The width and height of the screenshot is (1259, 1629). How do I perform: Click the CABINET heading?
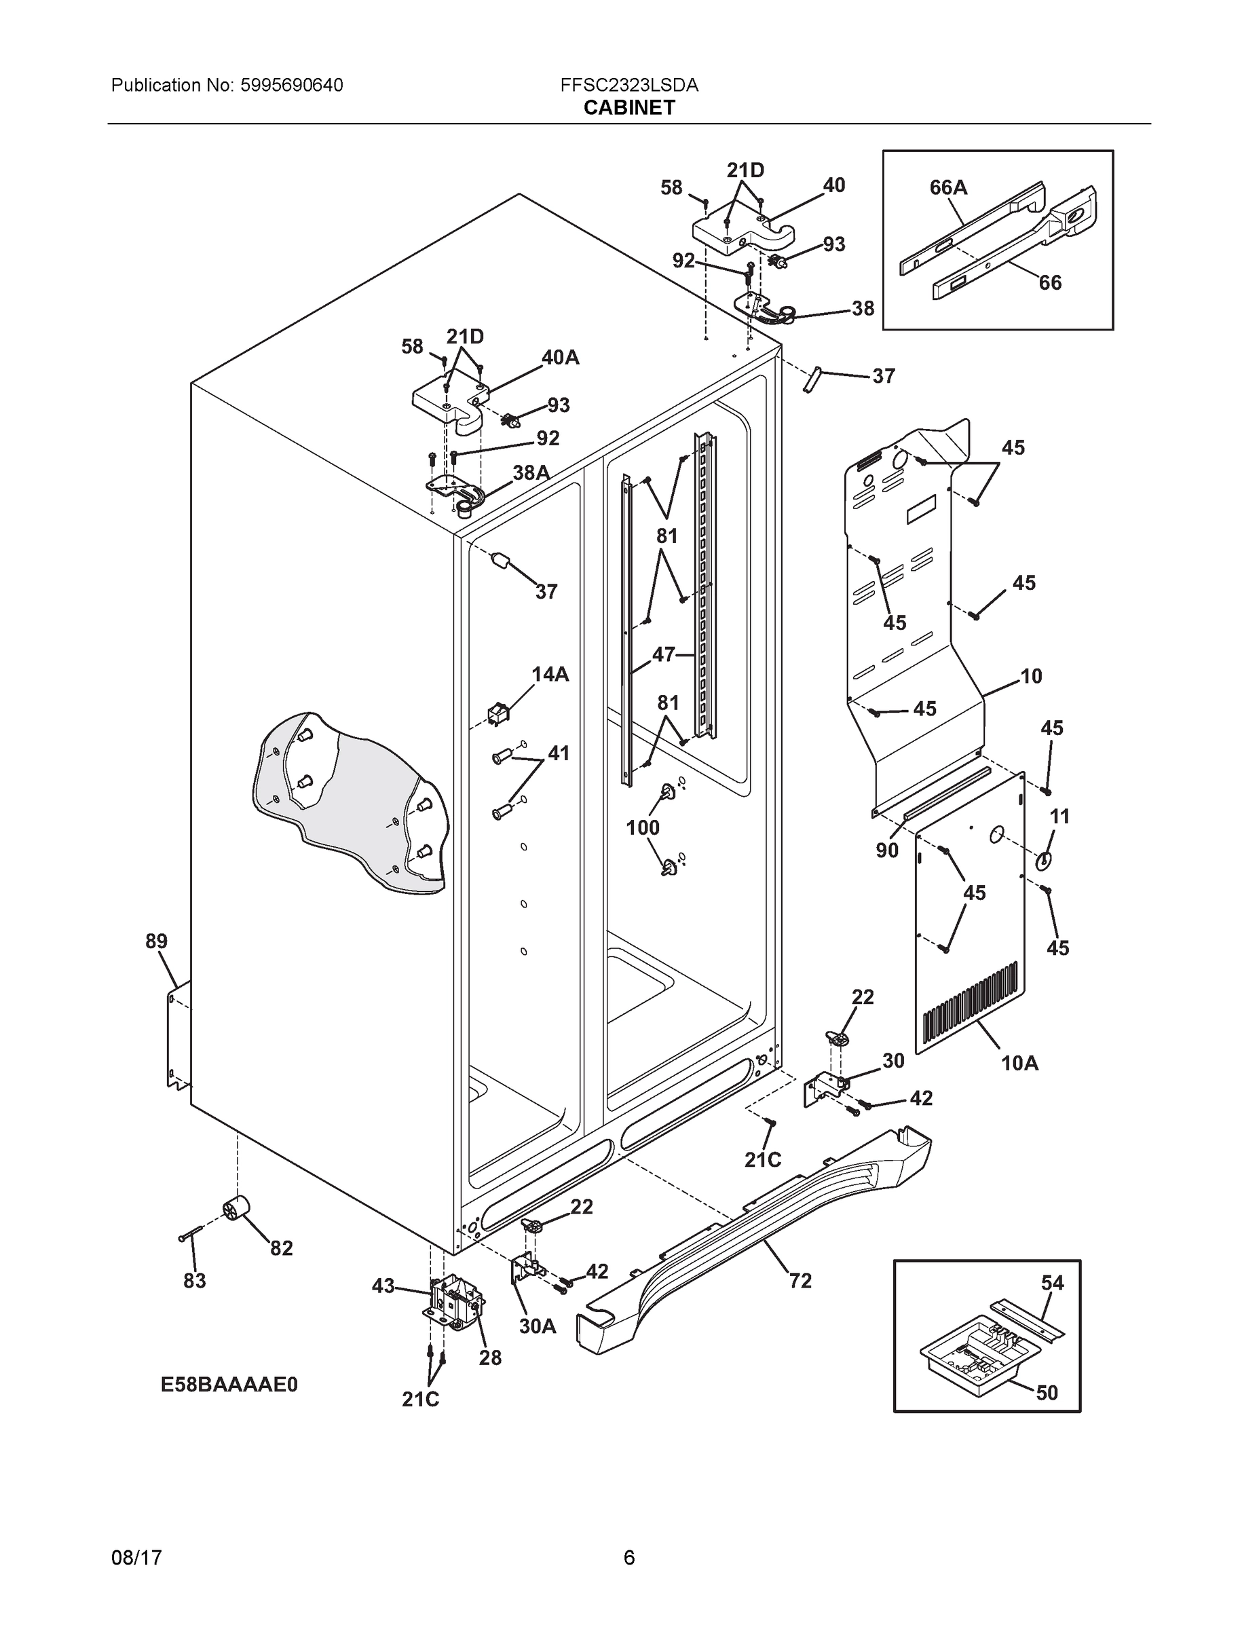pos(628,108)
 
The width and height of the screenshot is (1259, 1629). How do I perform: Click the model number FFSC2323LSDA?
pos(628,86)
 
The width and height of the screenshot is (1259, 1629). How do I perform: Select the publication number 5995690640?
pos(292,86)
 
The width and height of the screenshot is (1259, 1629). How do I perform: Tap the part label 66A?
pos(948,187)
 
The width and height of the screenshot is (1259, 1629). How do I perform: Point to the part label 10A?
pos(1019,1063)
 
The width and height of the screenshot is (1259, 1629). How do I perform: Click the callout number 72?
pos(800,1281)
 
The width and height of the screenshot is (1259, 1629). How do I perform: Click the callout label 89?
pos(157,942)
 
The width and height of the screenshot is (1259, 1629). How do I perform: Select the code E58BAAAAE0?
pos(229,1385)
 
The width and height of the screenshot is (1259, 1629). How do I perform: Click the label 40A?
pos(560,358)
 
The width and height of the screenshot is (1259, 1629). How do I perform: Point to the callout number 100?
pos(642,827)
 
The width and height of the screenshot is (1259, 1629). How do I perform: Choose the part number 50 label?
pos(1047,1393)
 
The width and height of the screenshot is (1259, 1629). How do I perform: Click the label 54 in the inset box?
pos(1053,1283)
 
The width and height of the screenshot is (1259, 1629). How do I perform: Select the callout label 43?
pos(383,1286)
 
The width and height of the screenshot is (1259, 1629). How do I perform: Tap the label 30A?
pos(538,1326)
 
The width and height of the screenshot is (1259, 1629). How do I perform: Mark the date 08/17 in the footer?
pos(136,1558)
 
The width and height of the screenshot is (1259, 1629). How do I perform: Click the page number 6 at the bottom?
pos(628,1558)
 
